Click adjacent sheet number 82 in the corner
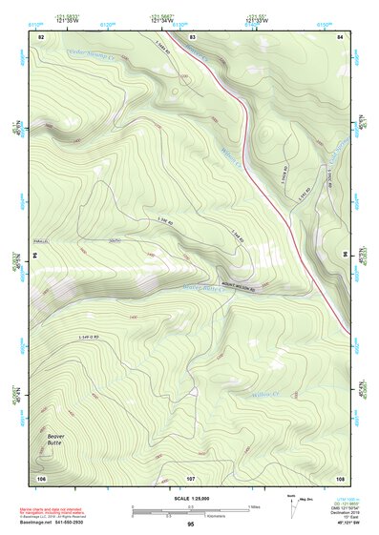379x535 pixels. (41, 35)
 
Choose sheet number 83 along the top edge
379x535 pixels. (192, 35)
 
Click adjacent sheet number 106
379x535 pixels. (41, 477)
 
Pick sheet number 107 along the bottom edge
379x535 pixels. (191, 477)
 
